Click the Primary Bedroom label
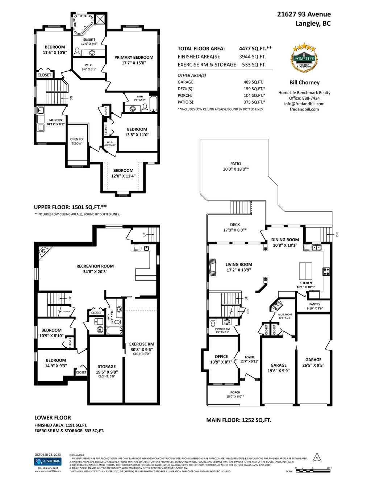[x=134, y=57]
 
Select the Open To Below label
[x=76, y=141]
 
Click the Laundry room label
[x=55, y=120]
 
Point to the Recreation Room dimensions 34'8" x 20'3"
[x=95, y=271]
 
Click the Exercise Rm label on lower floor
[x=142, y=344]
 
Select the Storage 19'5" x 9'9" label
[x=107, y=369]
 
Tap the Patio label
[x=235, y=164]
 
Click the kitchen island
[x=305, y=270]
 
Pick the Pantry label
[x=314, y=304]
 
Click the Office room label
[x=221, y=356]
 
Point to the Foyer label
[x=249, y=357]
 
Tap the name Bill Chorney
[x=304, y=83]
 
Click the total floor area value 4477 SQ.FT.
[x=255, y=49]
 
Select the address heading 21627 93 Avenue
[x=304, y=14]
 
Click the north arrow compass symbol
[x=316, y=457]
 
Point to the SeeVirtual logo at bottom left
[x=47, y=462]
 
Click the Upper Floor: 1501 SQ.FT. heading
[x=70, y=207]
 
